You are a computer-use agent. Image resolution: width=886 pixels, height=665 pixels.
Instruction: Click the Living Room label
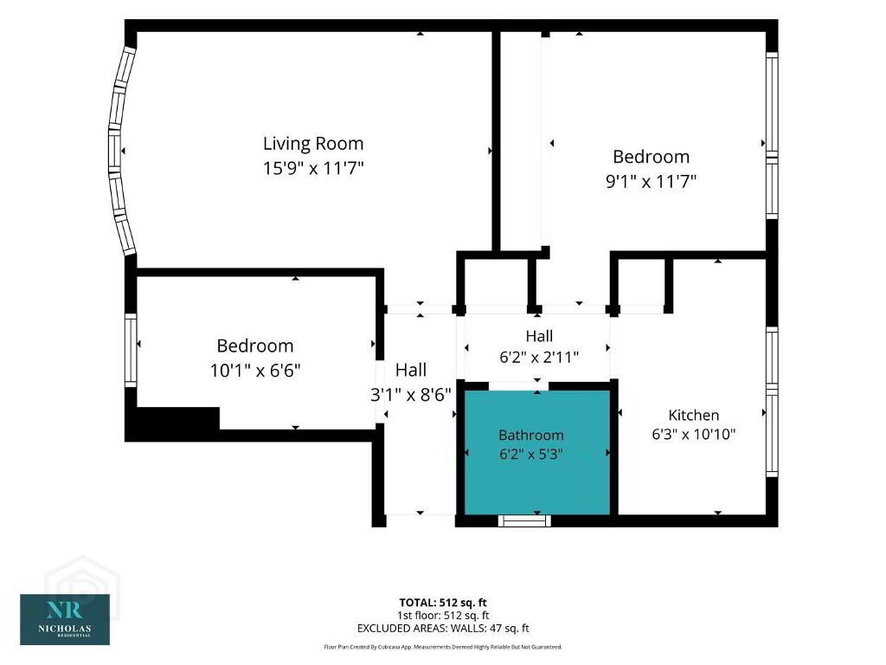coord(313,144)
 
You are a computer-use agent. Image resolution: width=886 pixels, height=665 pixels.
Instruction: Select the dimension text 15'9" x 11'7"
coord(313,169)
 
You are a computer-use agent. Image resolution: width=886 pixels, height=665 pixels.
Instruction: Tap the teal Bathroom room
coord(537,452)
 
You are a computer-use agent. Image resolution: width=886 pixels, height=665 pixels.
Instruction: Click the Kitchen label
coord(693,415)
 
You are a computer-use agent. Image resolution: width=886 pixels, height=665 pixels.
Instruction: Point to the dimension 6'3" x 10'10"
coord(693,435)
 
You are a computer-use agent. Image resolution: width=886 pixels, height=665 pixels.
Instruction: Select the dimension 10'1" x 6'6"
coord(255,371)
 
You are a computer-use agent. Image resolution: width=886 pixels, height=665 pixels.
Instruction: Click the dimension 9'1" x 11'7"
coord(651,182)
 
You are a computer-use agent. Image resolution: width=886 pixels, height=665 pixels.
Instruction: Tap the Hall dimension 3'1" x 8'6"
coord(411,395)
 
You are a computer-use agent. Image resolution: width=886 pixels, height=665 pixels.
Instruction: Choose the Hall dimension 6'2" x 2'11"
coord(539,358)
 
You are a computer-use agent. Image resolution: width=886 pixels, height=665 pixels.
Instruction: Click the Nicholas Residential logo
coord(65,619)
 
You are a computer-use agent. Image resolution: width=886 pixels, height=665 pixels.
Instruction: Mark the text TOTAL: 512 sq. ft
coord(442,603)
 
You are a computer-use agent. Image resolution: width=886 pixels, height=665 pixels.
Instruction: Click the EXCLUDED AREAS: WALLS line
coord(443,629)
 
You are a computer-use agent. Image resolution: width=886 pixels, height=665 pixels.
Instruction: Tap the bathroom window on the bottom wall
coord(524,520)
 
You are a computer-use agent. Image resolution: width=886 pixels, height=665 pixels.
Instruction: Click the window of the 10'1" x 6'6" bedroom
coord(131,351)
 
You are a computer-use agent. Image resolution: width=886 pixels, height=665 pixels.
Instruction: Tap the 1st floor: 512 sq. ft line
coord(443,616)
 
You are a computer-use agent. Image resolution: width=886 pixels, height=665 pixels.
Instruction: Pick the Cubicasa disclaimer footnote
coord(443,647)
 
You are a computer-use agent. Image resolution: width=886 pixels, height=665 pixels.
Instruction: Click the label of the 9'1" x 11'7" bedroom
coord(651,157)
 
